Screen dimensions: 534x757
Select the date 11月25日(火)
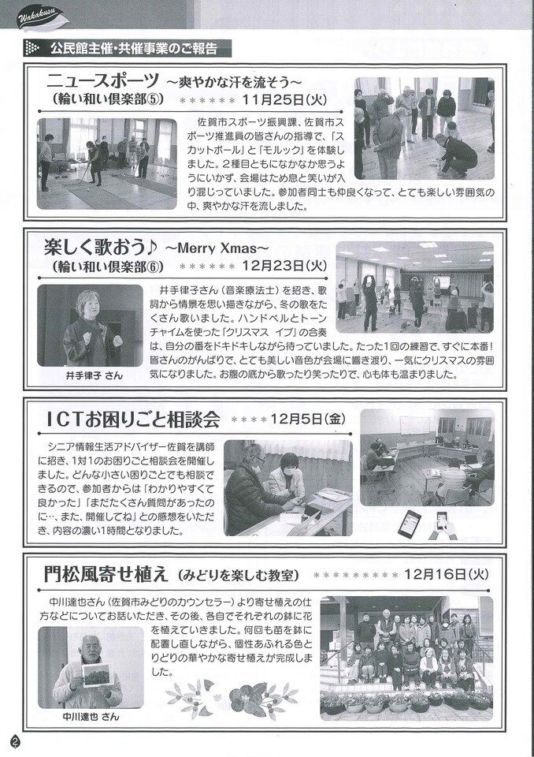click(x=285, y=100)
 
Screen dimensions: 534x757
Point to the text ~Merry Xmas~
click(x=217, y=248)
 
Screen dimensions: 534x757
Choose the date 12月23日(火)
click(x=284, y=266)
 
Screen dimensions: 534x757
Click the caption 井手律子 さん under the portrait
click(x=94, y=375)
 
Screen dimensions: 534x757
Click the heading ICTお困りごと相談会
click(x=133, y=420)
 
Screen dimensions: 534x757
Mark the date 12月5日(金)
click(x=308, y=419)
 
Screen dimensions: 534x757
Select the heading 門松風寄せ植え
click(x=106, y=575)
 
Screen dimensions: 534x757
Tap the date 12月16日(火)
click(x=447, y=574)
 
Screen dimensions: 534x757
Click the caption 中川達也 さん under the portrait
click(x=91, y=717)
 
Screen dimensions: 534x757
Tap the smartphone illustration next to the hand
click(x=410, y=524)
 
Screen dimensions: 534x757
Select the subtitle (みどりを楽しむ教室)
click(x=238, y=576)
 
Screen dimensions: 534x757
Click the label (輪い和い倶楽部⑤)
click(x=106, y=100)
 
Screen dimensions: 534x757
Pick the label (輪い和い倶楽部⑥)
click(x=106, y=266)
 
